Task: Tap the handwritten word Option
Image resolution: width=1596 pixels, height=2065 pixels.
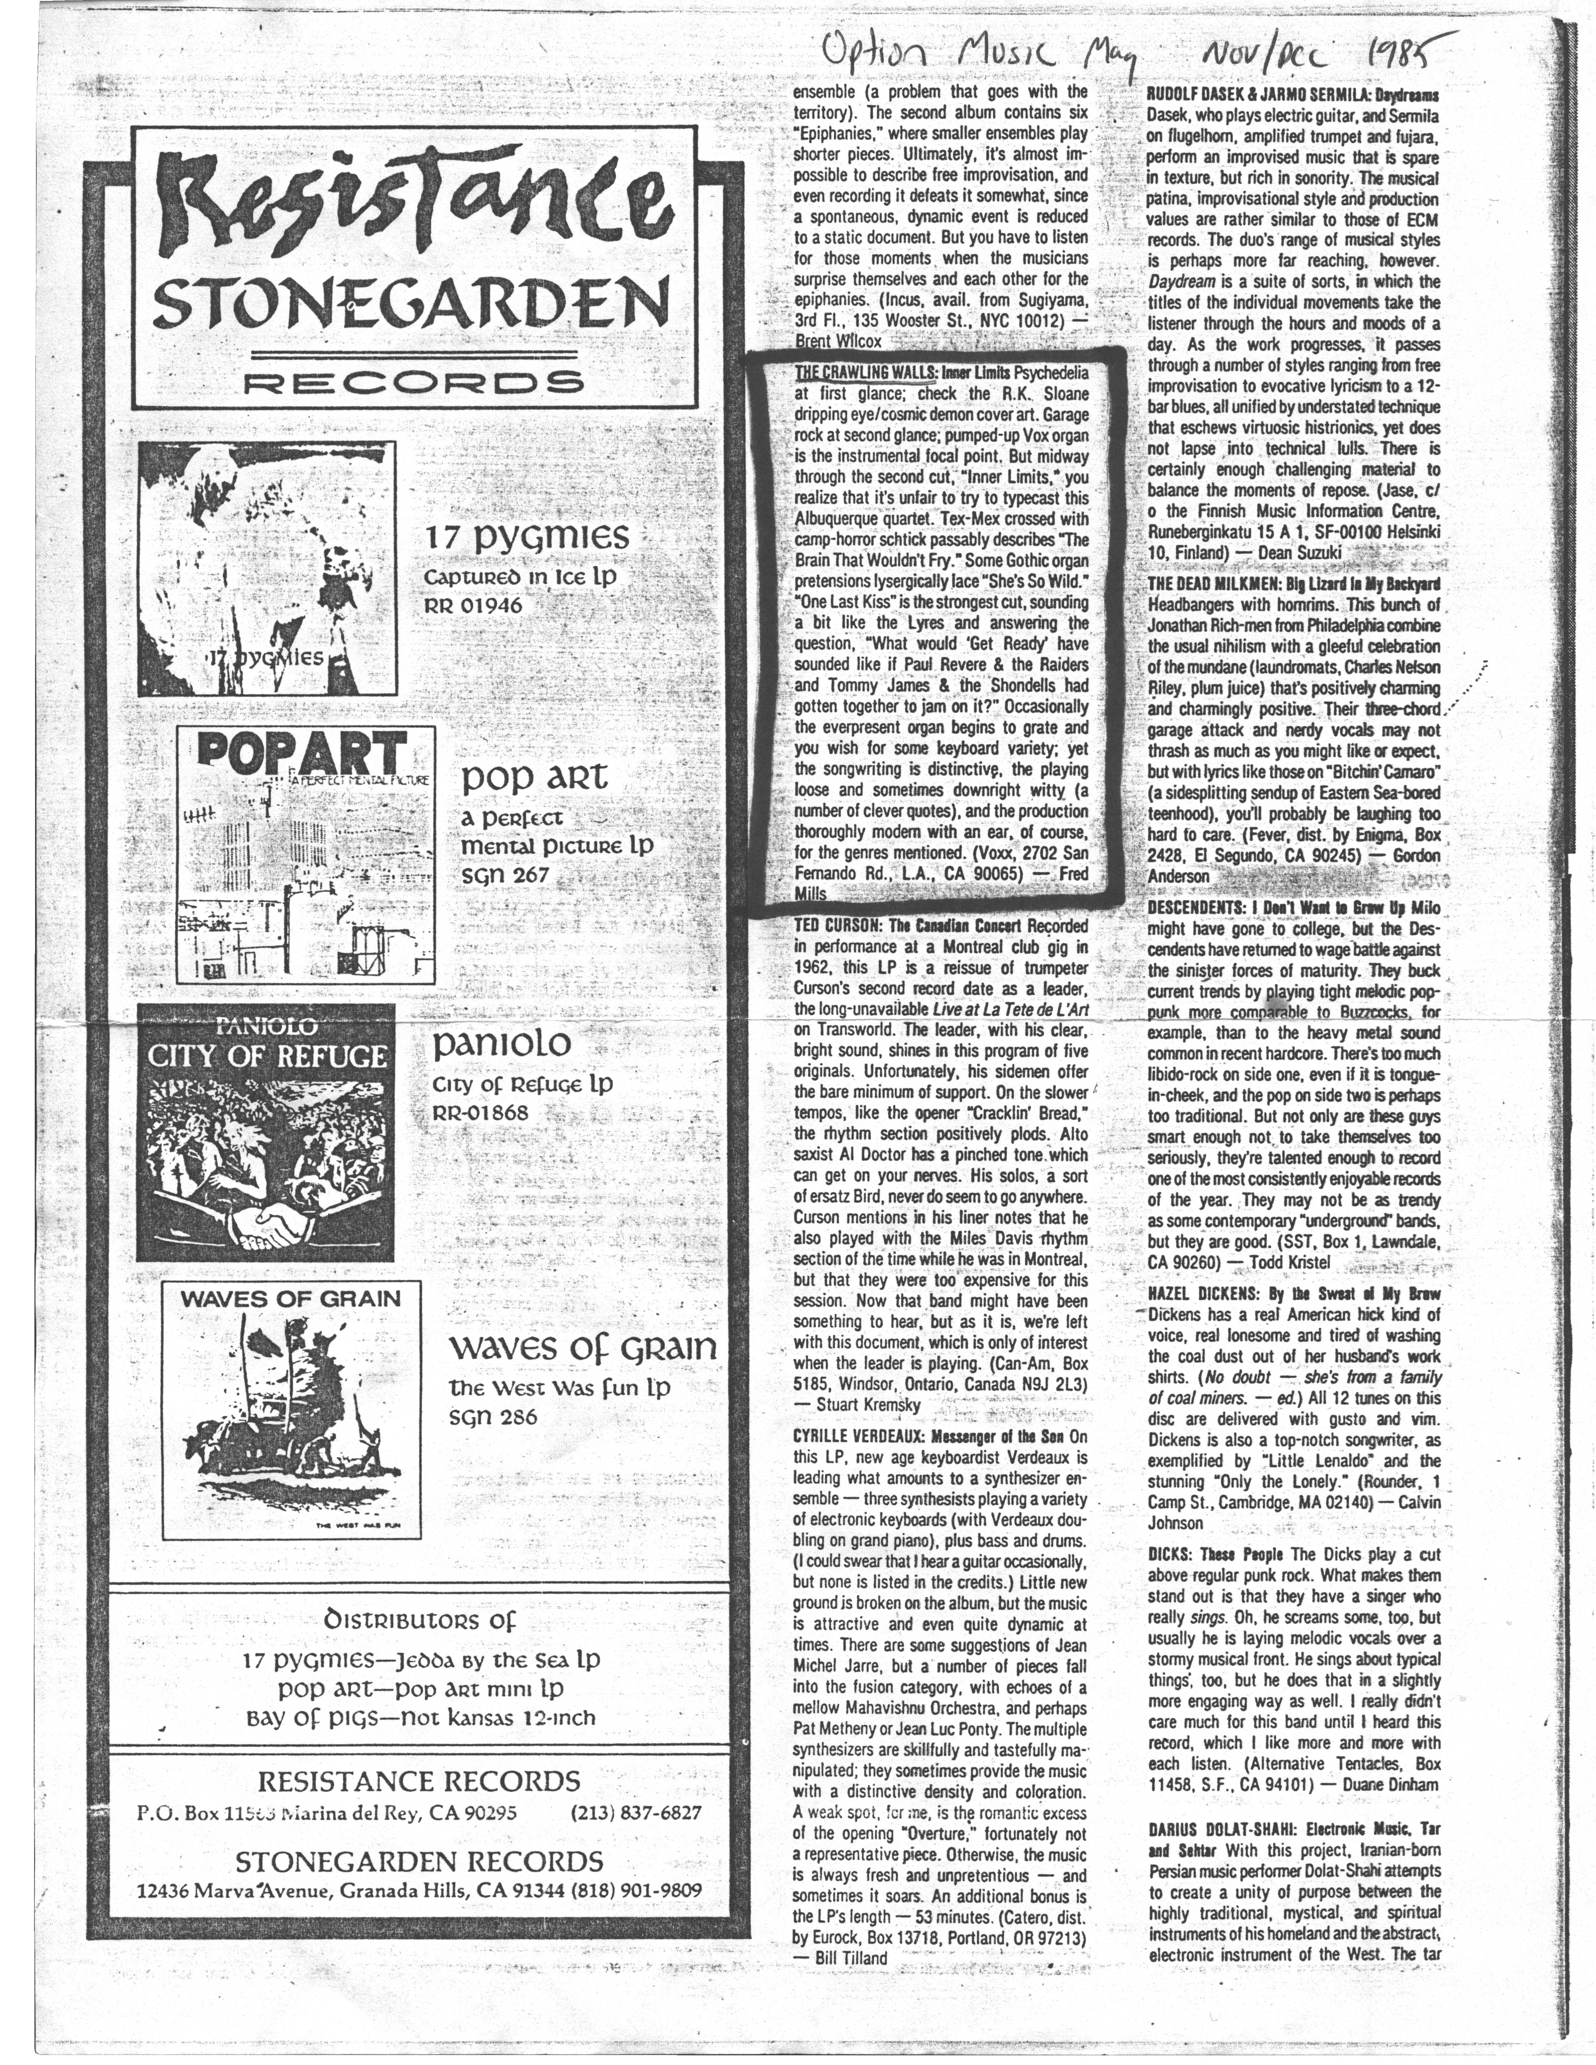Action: (x=872, y=54)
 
